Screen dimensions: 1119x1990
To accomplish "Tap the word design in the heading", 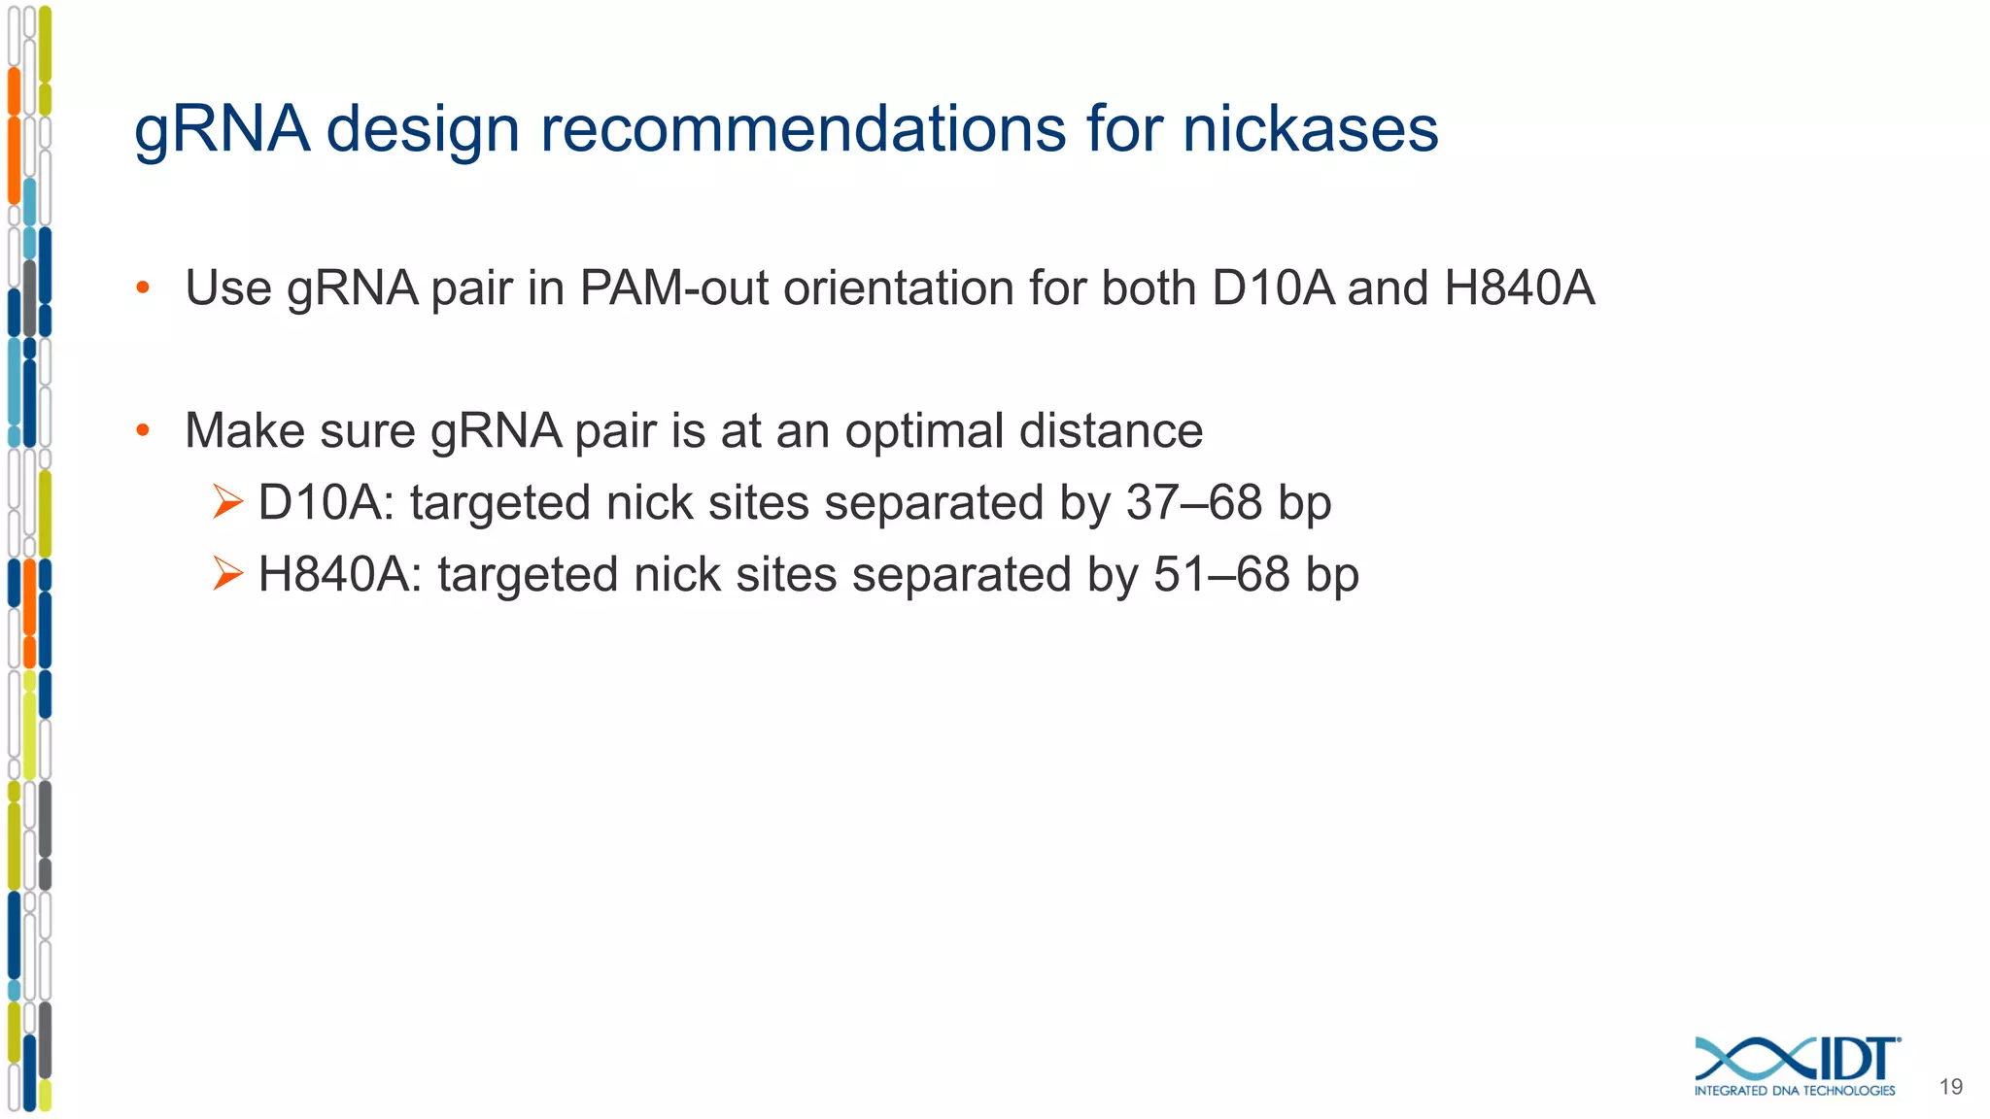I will point(424,130).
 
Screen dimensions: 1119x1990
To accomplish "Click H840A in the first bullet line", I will point(1520,288).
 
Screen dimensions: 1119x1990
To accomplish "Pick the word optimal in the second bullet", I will point(924,431).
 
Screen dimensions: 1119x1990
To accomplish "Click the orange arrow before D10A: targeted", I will point(227,502).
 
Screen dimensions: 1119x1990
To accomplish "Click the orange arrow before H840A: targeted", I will point(227,574).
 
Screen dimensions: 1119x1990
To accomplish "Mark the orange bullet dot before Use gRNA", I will point(143,288).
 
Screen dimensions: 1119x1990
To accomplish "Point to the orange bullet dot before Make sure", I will point(143,430).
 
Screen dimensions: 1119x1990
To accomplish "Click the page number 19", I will point(1950,1087).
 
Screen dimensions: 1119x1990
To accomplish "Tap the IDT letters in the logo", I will point(1857,1059).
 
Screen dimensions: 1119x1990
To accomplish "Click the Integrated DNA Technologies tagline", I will point(1794,1091).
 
